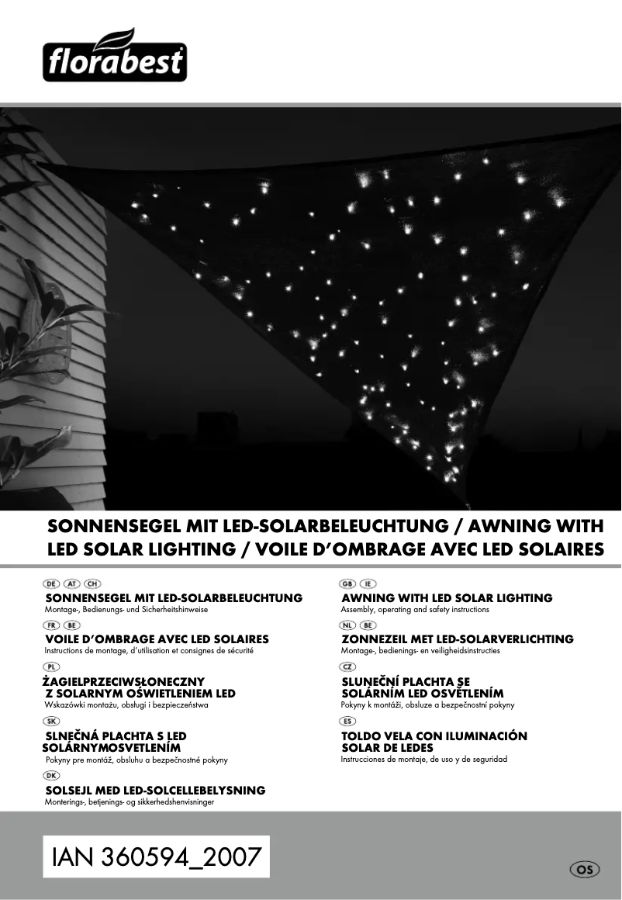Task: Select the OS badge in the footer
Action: point(585,870)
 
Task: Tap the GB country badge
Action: point(348,583)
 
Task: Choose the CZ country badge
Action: point(348,666)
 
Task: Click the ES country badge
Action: point(348,721)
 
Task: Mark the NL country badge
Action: point(348,625)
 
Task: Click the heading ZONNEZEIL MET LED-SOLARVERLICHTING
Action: point(458,639)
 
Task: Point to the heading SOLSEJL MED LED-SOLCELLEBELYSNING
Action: point(155,791)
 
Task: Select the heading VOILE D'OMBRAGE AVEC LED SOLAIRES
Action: point(157,639)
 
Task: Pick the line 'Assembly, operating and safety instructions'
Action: point(415,610)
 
